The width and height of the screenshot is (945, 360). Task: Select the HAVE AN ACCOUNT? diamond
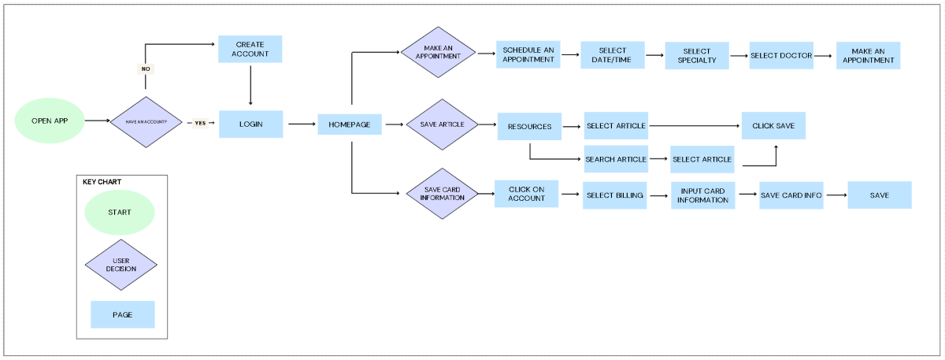pos(146,122)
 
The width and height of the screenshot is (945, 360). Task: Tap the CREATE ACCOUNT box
pos(250,50)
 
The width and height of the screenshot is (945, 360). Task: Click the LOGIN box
pos(250,124)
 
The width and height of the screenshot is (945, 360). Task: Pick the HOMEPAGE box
pos(350,124)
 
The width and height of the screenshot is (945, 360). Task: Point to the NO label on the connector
pos(146,69)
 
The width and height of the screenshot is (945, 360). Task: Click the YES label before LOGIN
pos(200,123)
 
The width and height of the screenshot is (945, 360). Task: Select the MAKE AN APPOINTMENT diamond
pos(437,53)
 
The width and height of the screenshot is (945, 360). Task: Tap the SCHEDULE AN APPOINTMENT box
pos(528,54)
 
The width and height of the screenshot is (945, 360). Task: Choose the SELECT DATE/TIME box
pos(613,55)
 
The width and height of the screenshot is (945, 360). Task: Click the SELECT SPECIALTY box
pos(697,56)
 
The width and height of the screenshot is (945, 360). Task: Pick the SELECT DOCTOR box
pos(781,56)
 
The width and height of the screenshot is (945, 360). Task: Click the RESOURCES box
pos(529,126)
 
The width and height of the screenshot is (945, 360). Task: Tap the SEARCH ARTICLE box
pos(616,159)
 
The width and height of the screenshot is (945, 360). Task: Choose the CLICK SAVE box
pos(773,126)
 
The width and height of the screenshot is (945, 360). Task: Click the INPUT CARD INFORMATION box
pos(703,195)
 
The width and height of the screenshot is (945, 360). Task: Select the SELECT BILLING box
pos(614,195)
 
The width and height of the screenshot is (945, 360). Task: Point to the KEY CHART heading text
pos(102,182)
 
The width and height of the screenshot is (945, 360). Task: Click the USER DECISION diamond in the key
pos(120,265)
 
